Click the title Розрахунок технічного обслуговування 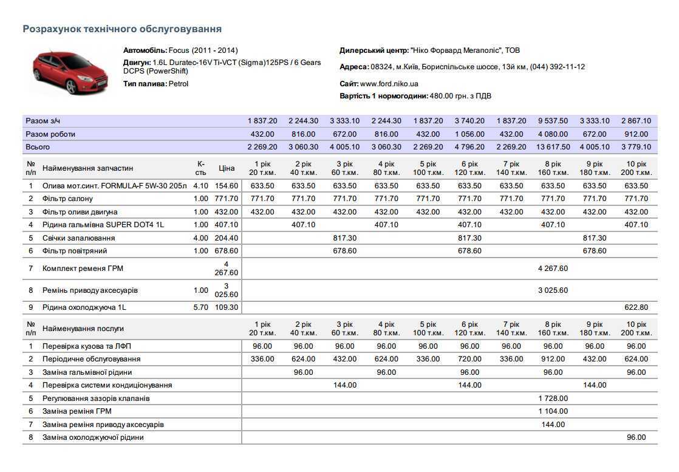(x=121, y=29)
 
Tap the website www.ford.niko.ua (x=389, y=84)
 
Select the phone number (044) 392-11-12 (x=558, y=67)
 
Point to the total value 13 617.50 (x=553, y=147)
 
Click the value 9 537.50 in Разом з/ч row (x=553, y=121)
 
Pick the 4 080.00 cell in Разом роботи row (x=553, y=134)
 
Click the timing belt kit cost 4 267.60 (x=553, y=268)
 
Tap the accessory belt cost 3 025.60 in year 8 (x=553, y=290)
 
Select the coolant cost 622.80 (x=636, y=307)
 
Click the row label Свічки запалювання (x=78, y=238)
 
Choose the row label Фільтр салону (x=67, y=199)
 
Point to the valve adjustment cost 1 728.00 (x=553, y=398)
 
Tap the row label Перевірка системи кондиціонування (x=107, y=385)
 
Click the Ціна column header (x=227, y=168)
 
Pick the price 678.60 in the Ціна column (x=227, y=251)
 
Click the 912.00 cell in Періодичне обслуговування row (x=553, y=359)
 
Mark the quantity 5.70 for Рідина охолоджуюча (x=200, y=307)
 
